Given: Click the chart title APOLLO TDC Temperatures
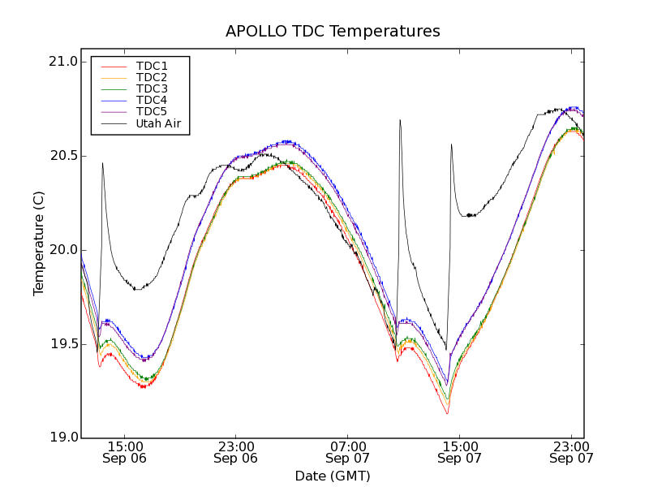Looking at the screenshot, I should point(333,32).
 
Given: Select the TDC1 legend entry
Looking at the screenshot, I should point(152,66).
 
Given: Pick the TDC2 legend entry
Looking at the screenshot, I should point(152,77).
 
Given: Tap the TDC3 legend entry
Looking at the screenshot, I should point(152,88).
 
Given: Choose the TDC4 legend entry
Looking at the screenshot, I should point(152,100).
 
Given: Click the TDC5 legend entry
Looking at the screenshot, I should point(152,111).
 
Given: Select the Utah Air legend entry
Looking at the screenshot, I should point(158,123).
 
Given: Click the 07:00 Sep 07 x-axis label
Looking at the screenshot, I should point(347,452).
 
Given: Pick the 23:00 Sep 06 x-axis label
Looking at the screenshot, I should point(235,452).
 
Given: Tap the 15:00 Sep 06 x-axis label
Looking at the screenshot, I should point(124,452).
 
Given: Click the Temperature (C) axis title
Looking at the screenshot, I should point(38,249).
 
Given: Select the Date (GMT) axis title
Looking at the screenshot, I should point(333,476).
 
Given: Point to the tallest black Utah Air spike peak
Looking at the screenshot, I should point(400,120).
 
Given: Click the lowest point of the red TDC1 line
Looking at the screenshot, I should point(447,414).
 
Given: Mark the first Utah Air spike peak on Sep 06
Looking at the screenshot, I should point(102,163).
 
